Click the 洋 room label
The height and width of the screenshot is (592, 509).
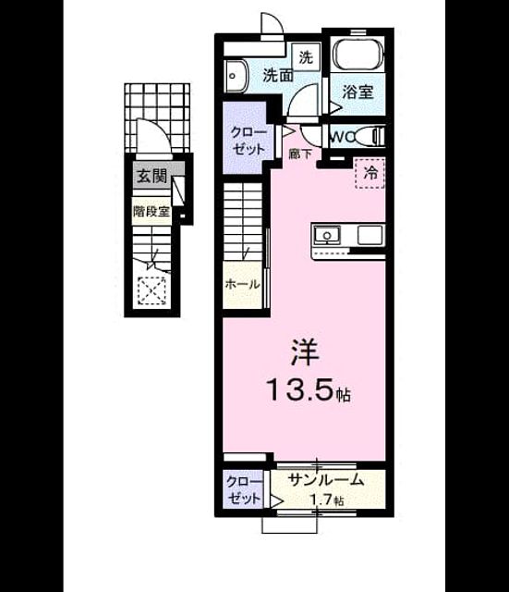point(305,352)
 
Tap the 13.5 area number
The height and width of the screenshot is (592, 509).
point(300,389)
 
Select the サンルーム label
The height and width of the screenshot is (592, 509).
point(326,480)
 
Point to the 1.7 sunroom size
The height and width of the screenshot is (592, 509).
point(321,499)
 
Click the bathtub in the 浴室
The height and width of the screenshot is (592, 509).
point(358,55)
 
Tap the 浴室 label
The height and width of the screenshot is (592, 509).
point(358,92)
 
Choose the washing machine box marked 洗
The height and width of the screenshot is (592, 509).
point(306,57)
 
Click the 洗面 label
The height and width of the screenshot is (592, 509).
point(278,76)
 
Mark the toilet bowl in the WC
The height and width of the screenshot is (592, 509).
point(369,136)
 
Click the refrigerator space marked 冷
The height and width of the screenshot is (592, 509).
point(370,173)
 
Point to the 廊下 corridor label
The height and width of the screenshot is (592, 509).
point(300,154)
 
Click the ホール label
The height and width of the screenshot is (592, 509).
point(242,284)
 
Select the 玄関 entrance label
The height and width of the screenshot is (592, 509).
point(151,176)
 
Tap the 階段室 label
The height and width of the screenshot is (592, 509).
point(151,212)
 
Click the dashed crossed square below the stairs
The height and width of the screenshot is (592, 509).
point(151,290)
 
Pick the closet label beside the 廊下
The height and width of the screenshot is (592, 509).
point(248,141)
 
